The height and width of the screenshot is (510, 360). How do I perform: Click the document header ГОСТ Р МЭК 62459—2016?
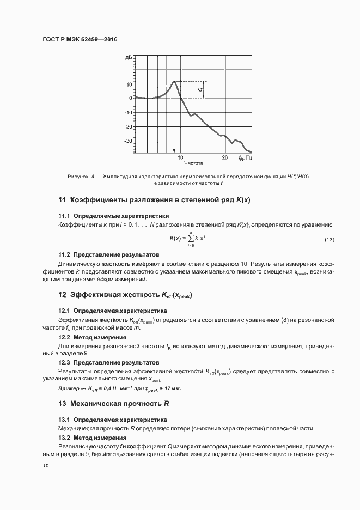point(80,40)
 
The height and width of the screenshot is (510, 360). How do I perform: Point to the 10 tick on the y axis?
point(129,84)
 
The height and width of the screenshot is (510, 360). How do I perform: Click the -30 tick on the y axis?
point(129,141)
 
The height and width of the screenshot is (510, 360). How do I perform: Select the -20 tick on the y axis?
point(129,126)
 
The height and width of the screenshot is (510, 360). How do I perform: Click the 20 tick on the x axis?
point(224,157)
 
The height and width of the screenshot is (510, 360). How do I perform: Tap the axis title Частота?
point(193,163)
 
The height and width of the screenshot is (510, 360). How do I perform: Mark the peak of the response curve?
point(174,82)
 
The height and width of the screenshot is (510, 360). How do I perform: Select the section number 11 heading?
point(62,200)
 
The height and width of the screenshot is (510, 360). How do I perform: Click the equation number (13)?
point(330,240)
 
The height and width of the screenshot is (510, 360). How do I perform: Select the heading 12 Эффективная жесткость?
point(125,295)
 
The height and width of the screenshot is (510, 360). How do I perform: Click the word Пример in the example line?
point(70,388)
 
